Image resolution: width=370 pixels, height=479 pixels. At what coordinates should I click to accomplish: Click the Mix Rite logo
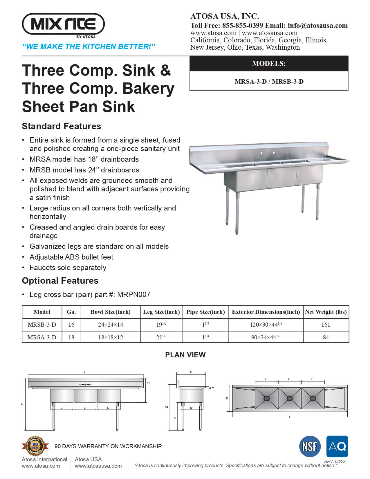[x=63, y=24]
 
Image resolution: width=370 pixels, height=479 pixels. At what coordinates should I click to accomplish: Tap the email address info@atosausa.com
[x=318, y=26]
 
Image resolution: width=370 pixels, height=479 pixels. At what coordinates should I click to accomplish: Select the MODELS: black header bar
[x=269, y=64]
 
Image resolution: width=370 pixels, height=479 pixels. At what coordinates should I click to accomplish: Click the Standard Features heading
[x=62, y=126]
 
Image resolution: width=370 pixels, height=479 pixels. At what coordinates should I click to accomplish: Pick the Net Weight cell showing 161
[x=326, y=325]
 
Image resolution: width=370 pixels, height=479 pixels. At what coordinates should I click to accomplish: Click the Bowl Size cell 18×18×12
[x=110, y=337]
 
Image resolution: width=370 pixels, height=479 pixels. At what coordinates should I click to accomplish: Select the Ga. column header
[x=71, y=312]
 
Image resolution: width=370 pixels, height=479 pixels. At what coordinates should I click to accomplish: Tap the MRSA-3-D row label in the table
[x=42, y=337]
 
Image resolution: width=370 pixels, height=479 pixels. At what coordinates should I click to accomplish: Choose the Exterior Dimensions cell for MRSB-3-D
[x=266, y=325]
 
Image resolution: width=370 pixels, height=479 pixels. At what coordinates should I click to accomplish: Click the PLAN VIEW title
[x=185, y=355]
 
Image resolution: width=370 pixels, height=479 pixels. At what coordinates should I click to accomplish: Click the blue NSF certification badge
[x=310, y=446]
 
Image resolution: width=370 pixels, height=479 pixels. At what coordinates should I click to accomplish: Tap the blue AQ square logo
[x=337, y=446]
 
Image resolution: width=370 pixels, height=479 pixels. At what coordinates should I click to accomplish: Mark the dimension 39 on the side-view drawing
[x=166, y=407]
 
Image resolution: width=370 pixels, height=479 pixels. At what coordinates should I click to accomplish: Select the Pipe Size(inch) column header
[x=205, y=312]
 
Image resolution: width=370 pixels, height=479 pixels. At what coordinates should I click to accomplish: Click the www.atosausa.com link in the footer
[x=98, y=466]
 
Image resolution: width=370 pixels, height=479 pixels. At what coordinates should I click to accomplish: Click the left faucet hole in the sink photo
[x=261, y=153]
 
